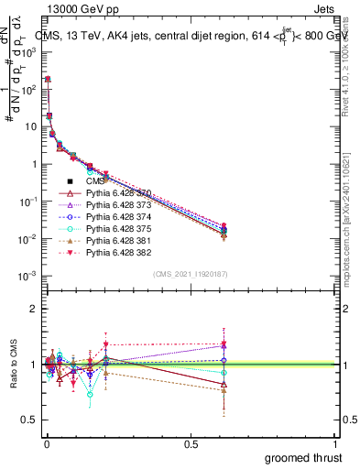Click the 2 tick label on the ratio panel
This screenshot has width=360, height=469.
tap(33, 309)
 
